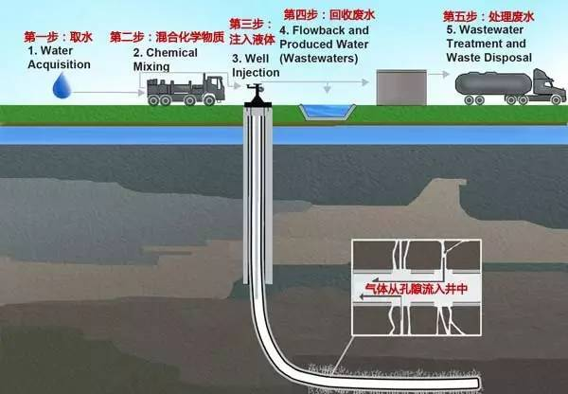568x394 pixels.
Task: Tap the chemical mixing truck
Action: pos(184,90)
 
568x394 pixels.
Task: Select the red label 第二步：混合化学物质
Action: pos(165,37)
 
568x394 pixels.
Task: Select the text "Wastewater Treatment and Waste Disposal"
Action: pos(488,44)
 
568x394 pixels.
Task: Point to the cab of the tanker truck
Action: pos(544,83)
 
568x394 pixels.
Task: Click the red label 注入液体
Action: pos(251,39)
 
